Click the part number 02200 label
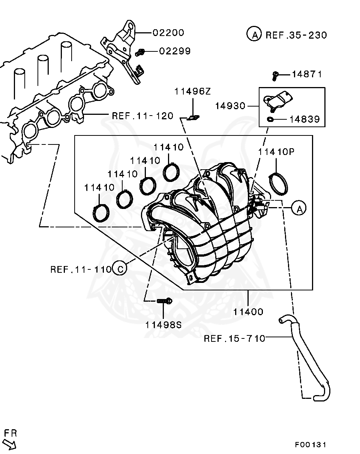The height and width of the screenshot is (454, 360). pos(168,33)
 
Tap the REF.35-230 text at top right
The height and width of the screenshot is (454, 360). pos(296,35)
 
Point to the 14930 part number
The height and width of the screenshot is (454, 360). pos(230,106)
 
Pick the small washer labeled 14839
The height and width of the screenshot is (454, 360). pos(270,120)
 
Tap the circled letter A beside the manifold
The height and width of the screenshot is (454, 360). pos(299,208)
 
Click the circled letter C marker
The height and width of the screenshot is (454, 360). pos(120,269)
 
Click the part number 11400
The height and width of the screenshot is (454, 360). pos(248,311)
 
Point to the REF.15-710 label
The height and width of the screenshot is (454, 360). pos(234,338)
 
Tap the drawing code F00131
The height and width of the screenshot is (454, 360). pos(310,445)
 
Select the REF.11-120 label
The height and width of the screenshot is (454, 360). pos(142,116)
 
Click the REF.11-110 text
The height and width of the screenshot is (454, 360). pos(81,269)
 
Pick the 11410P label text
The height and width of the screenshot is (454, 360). pos(276,152)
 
